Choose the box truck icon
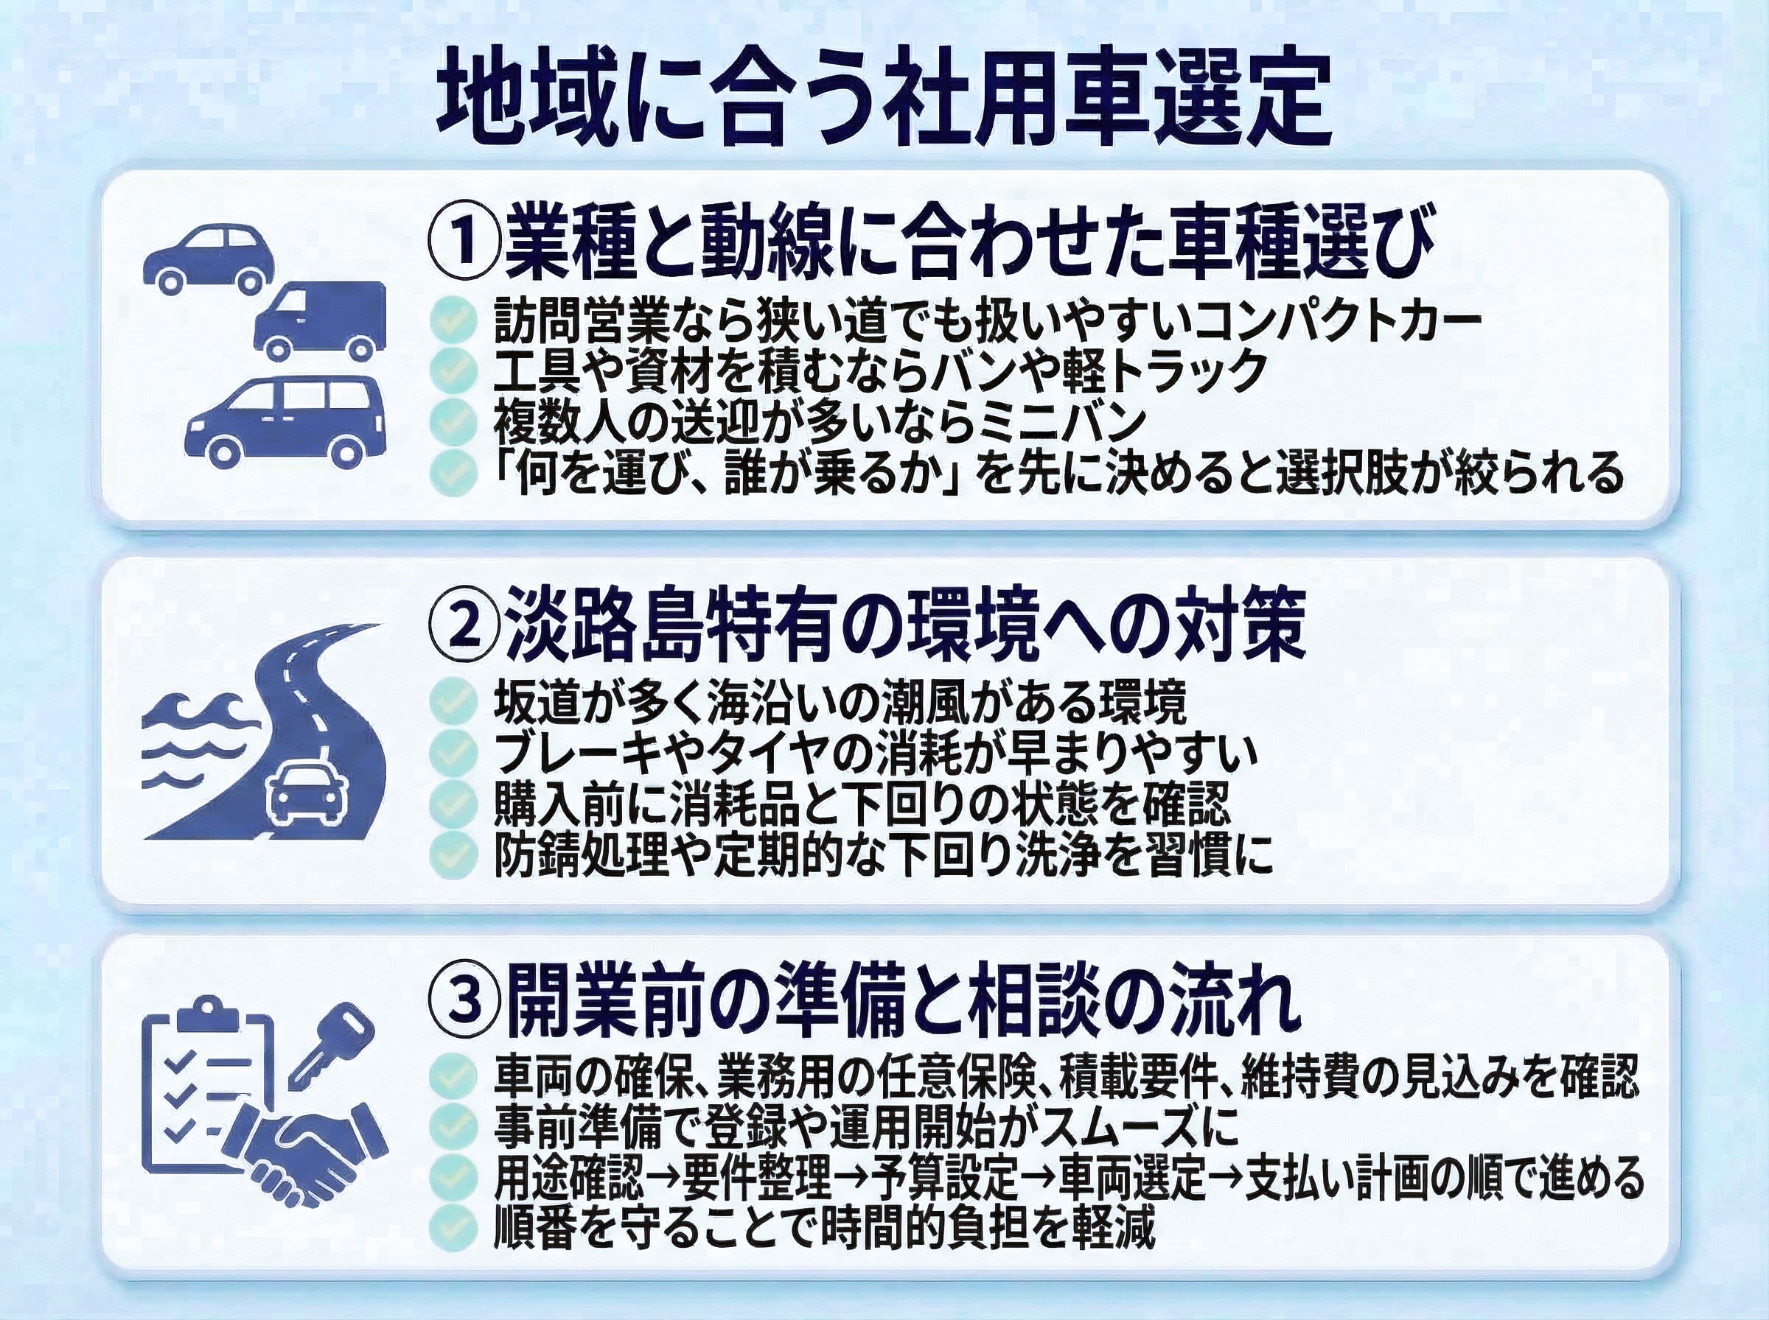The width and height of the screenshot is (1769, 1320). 320,319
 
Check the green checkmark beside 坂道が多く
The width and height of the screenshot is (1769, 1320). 453,701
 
